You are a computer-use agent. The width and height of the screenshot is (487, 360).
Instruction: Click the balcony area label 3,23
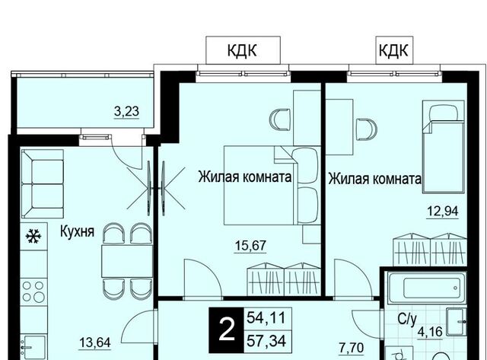pyautogui.click(x=126, y=112)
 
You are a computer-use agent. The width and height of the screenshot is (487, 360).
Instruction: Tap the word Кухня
pyautogui.click(x=77, y=231)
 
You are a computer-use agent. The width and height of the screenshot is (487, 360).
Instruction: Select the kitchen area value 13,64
pyautogui.click(x=95, y=343)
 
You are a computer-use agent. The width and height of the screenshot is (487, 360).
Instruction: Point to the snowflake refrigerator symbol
pyautogui.click(x=33, y=236)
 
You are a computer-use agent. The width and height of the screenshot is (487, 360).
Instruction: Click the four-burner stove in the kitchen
pyautogui.click(x=33, y=291)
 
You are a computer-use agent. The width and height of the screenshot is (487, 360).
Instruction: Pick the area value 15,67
pyautogui.click(x=250, y=246)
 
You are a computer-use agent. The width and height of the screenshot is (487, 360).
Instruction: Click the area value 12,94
pyautogui.click(x=443, y=212)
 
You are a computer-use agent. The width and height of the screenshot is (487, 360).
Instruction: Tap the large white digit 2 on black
pyautogui.click(x=227, y=330)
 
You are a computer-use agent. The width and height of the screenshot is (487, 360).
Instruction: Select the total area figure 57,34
pyautogui.click(x=266, y=342)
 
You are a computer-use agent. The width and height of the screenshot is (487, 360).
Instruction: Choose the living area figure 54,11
pyautogui.click(x=266, y=318)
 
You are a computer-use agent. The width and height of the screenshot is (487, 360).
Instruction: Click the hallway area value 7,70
pyautogui.click(x=352, y=348)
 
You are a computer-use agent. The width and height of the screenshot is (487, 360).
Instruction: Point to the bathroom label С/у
pyautogui.click(x=407, y=320)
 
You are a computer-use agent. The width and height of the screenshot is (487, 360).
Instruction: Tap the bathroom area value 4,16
pyautogui.click(x=430, y=332)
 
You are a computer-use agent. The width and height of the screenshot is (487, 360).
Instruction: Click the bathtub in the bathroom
pyautogui.click(x=428, y=288)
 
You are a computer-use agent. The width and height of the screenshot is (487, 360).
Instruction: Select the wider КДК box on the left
pyautogui.click(x=243, y=50)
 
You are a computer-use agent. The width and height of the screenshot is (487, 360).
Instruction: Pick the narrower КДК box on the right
pyautogui.click(x=394, y=50)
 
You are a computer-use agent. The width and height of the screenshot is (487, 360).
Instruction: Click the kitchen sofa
pyautogui.click(x=43, y=183)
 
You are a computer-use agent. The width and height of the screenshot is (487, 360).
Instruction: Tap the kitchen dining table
pyautogui.click(x=127, y=261)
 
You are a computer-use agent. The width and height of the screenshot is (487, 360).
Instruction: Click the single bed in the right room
pyautogui.click(x=443, y=146)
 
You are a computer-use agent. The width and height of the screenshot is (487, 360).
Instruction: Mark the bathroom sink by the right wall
pyautogui.click(x=457, y=322)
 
